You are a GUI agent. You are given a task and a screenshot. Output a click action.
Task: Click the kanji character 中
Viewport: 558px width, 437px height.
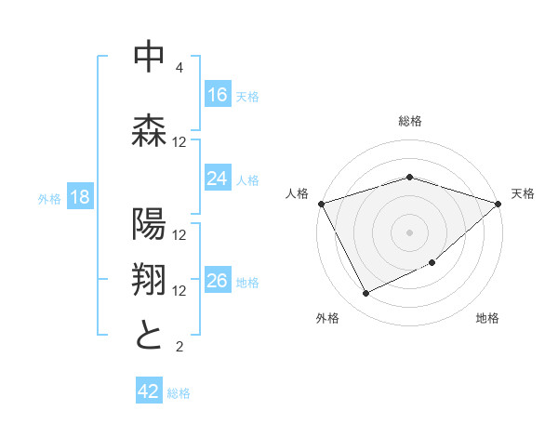point(149,58)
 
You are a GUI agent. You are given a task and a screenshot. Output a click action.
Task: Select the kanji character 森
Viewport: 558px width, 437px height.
point(149,129)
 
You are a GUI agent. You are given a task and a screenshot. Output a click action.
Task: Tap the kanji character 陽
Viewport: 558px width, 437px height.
point(149,224)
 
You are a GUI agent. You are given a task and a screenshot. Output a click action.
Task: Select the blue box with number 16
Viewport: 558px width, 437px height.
point(218,95)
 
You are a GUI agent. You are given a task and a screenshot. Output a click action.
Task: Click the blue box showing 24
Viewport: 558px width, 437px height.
point(218,179)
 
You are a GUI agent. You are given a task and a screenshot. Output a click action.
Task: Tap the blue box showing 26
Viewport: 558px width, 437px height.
point(218,282)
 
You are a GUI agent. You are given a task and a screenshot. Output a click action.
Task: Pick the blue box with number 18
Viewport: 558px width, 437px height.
point(79,198)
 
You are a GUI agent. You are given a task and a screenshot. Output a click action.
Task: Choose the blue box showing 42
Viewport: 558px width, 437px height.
point(149,391)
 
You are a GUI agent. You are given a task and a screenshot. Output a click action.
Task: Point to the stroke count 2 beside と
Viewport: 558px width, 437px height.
point(179,347)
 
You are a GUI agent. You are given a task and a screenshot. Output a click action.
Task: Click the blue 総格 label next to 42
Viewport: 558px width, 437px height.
point(179,392)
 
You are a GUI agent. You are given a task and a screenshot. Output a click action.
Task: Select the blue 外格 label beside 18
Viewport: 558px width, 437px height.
point(49,199)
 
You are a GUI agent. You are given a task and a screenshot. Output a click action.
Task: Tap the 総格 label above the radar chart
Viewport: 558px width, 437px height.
point(409,121)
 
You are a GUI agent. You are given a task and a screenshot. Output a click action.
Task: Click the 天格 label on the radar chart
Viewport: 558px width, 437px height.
point(523,193)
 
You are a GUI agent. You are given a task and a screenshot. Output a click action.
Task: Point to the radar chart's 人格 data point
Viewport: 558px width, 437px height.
point(321,203)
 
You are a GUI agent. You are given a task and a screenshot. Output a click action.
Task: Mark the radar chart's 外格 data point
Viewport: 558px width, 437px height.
point(365,294)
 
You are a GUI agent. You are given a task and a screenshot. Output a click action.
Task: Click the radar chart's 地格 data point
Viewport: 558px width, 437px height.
point(433,264)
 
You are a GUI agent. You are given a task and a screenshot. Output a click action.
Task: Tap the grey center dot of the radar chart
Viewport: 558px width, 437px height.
point(409,232)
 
